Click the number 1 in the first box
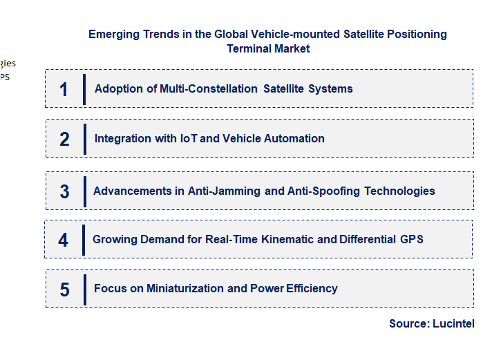point(64,89)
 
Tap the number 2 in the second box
point(64,139)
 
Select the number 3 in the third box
point(64,191)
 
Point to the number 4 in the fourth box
point(64,240)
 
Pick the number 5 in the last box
point(64,290)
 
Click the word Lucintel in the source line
point(453,323)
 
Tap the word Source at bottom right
point(408,323)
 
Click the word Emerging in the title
point(112,35)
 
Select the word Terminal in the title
point(249,49)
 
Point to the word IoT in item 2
point(189,139)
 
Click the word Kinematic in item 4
point(286,240)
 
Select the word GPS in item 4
point(411,240)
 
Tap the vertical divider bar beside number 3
point(84,191)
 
